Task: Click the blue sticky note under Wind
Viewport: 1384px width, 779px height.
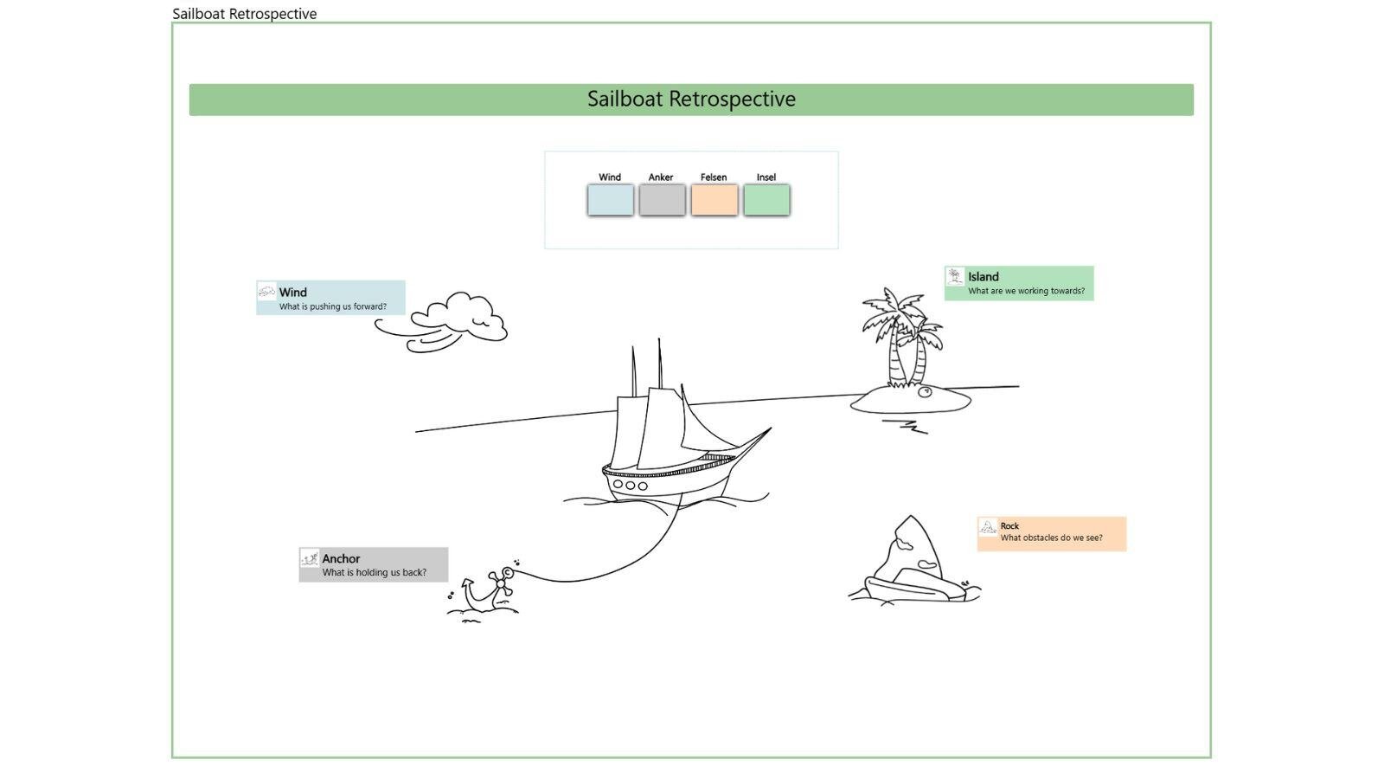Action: tap(610, 200)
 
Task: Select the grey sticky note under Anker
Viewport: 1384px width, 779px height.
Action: tap(662, 200)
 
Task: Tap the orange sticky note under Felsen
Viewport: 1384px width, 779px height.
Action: tap(714, 200)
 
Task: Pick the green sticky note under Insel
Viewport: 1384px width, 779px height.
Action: tap(766, 200)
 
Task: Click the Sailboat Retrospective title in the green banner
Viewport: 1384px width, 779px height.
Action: tap(691, 99)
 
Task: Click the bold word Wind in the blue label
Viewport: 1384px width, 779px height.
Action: tap(293, 293)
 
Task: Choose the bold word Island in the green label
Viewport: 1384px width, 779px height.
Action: tap(984, 277)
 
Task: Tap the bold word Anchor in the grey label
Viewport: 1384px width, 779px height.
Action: tap(341, 559)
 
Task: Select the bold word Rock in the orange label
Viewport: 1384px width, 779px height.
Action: tap(1009, 526)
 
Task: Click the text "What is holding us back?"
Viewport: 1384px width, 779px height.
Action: tap(374, 573)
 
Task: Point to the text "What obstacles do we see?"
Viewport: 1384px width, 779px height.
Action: tap(1051, 538)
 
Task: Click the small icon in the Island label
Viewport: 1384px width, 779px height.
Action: tap(955, 276)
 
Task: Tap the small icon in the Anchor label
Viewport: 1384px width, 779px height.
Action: tap(310, 558)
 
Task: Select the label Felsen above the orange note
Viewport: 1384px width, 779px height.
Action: tap(714, 177)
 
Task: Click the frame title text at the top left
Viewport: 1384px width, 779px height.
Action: tap(245, 14)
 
